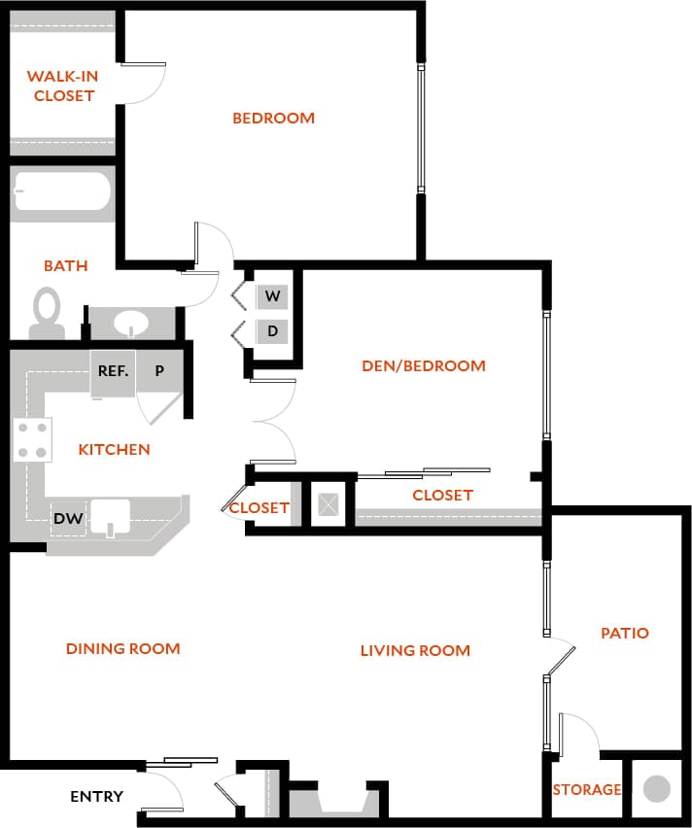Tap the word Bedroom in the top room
273,119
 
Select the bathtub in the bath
62,191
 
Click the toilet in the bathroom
46,312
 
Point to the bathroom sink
131,322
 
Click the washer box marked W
272,295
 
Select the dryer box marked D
272,331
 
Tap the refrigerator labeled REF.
113,371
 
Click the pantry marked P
159,371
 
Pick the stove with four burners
31,439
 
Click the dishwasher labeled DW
68,518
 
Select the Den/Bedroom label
423,366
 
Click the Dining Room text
123,648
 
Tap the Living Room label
415,650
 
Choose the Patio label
624,633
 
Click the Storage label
586,789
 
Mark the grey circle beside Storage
658,788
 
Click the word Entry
96,797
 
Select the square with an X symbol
329,504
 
